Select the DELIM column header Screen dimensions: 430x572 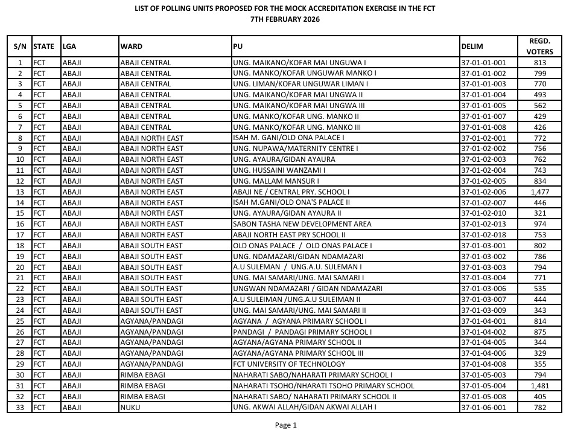point(472,46)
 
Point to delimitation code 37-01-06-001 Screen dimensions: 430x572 point(483,407)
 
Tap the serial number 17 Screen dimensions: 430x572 point(20,235)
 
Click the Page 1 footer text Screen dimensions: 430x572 point(286,425)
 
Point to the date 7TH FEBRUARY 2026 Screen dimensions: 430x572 point(285,19)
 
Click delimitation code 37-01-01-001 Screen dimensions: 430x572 point(483,62)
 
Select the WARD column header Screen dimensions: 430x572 point(131,46)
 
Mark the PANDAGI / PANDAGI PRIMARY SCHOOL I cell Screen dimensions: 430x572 point(302,332)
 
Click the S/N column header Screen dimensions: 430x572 point(20,46)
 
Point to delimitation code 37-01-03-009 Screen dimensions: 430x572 point(483,310)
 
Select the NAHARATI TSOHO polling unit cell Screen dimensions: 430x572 point(323,385)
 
